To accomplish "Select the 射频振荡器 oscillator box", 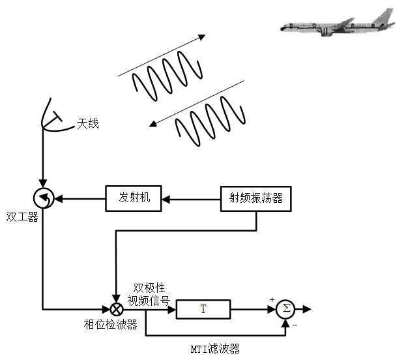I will [x=255, y=198].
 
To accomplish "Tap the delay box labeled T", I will [x=203, y=308].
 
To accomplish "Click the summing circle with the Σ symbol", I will [x=285, y=308].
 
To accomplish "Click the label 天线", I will [x=88, y=123].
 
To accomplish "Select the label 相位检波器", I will [x=110, y=324].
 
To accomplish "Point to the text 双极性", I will [x=149, y=288].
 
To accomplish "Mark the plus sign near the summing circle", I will [x=271, y=299].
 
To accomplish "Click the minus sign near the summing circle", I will [x=294, y=324].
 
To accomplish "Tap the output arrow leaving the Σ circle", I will [x=304, y=308].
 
